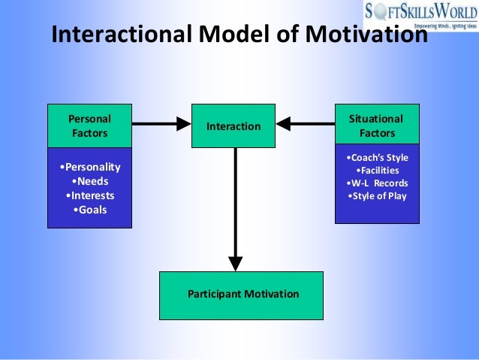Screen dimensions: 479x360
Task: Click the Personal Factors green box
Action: [x=89, y=126]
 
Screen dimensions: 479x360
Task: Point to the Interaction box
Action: [x=233, y=126]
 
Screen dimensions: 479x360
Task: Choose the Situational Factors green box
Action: [x=376, y=126]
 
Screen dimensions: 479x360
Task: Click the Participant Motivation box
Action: [x=243, y=295]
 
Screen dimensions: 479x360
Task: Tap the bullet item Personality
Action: [x=89, y=167]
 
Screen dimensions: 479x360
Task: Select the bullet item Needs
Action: [x=89, y=181]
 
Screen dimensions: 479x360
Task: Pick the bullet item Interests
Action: [x=89, y=195]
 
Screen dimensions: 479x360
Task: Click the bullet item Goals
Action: [x=89, y=210]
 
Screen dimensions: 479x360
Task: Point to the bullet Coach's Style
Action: [x=377, y=158]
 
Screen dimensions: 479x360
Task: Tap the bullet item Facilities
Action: [x=377, y=171]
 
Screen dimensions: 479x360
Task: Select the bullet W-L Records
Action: [x=377, y=184]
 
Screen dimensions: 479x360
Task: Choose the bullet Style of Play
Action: [x=377, y=197]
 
